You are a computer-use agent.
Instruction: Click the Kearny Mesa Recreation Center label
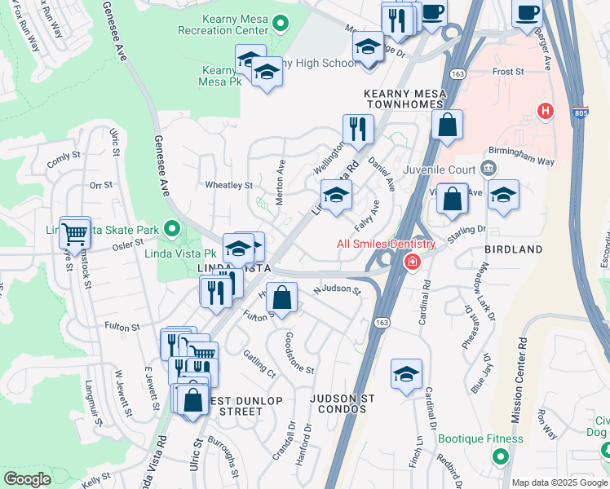(228, 24)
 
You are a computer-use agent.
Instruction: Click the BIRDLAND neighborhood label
(513, 249)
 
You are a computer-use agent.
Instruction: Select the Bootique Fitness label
(480, 438)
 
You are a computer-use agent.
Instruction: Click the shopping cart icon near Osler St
(74, 235)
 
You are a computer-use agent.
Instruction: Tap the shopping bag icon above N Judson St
(281, 298)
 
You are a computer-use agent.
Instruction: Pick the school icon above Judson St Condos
(406, 374)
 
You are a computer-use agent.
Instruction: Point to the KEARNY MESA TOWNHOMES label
(405, 99)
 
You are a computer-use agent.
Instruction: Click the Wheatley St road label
(228, 186)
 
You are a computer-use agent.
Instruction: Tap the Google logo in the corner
(27, 479)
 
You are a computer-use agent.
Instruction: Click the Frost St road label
(508, 72)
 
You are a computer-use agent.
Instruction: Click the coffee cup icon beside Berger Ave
(527, 13)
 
